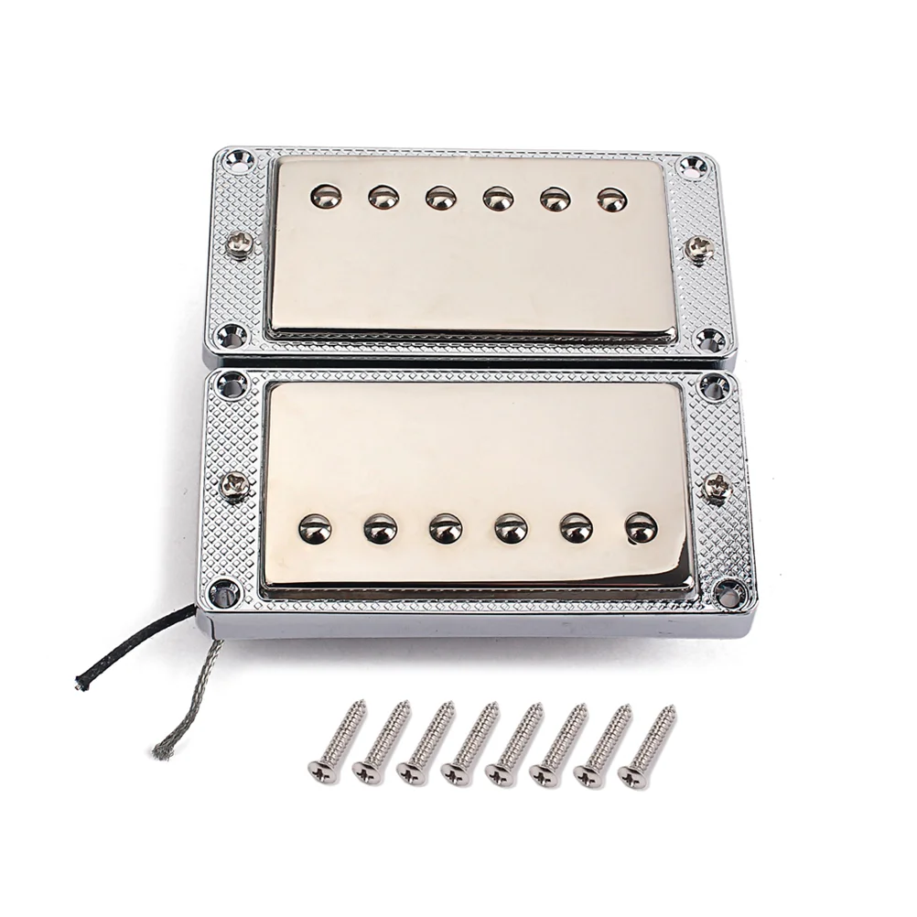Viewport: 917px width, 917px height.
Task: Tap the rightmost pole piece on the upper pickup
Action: click(612, 200)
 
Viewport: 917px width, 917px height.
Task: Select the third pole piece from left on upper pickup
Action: click(441, 198)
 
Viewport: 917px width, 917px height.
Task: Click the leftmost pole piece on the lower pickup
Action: click(315, 528)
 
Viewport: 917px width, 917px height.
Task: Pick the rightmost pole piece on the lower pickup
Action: click(641, 527)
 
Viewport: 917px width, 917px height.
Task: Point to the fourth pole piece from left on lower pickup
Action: click(511, 528)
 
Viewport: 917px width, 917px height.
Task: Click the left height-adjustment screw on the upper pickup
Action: click(241, 243)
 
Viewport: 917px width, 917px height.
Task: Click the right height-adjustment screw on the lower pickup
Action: click(717, 486)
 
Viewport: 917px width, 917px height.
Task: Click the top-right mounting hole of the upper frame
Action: click(691, 167)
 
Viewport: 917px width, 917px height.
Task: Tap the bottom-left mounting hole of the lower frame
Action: click(223, 592)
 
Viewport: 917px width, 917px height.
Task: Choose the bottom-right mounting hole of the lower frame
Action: click(729, 595)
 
